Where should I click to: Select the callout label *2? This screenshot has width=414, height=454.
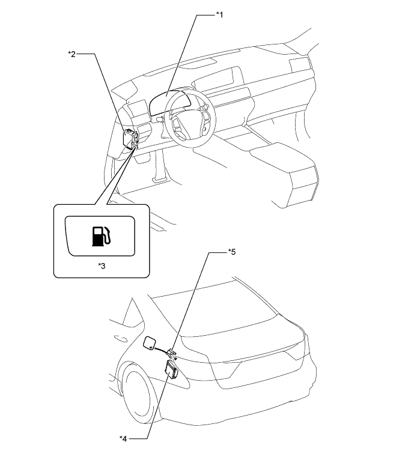(x=71, y=55)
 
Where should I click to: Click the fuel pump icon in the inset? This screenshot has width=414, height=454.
(x=100, y=235)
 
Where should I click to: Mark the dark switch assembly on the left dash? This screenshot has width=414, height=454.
(x=130, y=138)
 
